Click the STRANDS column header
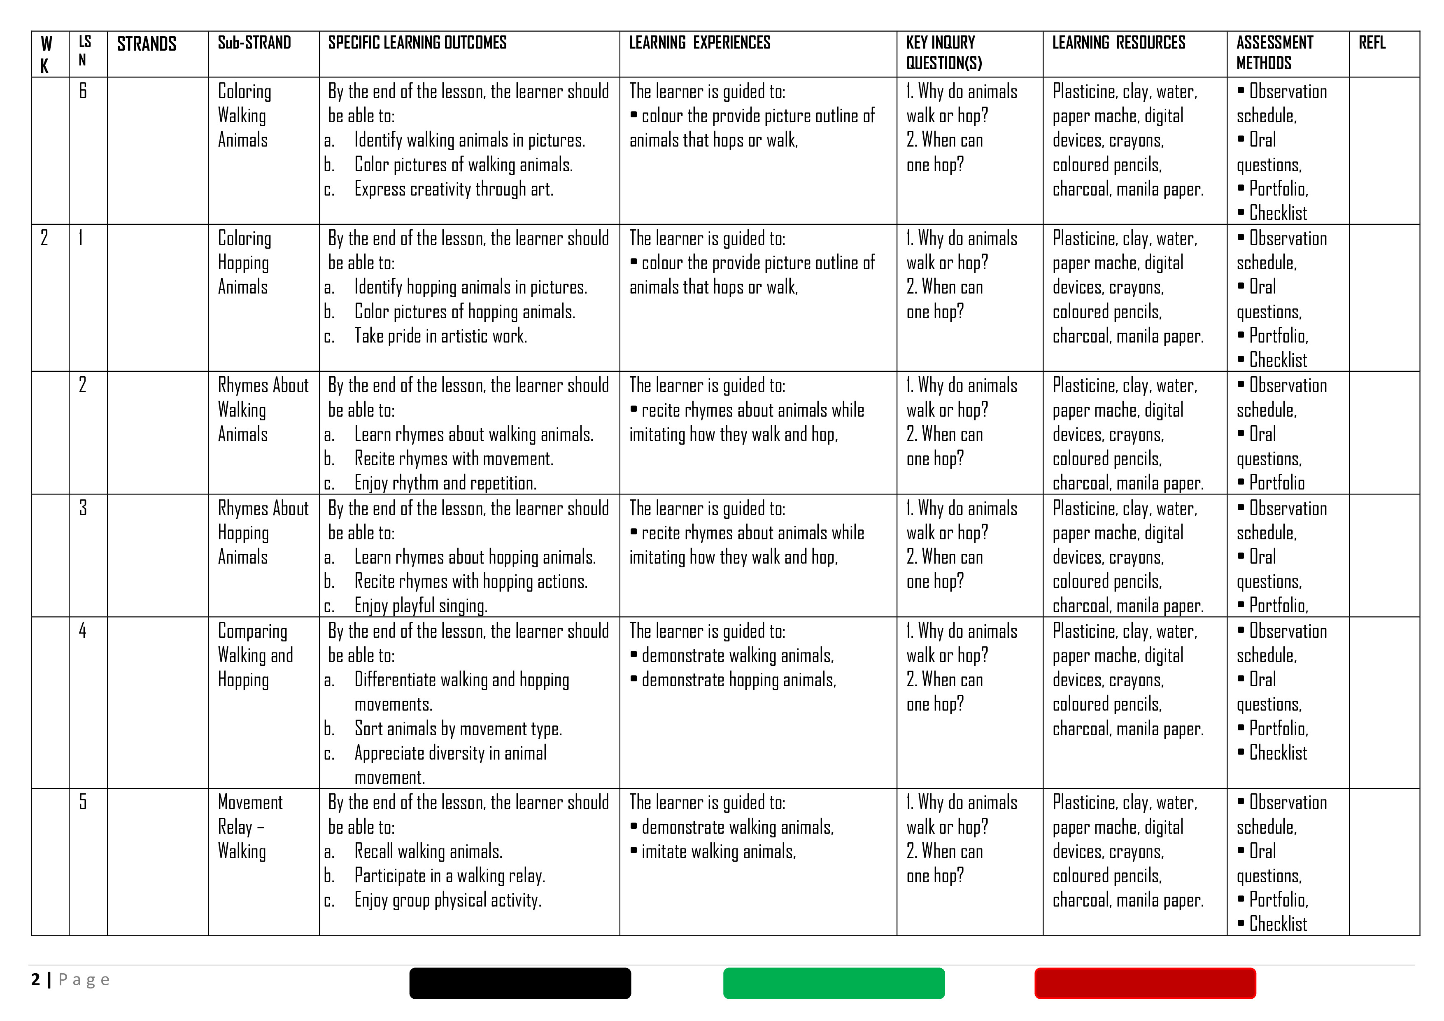(147, 44)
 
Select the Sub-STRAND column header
(254, 43)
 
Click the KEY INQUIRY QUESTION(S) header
(943, 53)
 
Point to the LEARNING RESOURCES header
(1118, 43)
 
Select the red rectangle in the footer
(1145, 983)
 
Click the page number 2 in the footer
(36, 979)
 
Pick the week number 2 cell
(44, 238)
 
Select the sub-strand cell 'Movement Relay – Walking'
(250, 827)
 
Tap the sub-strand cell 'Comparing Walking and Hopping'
(255, 655)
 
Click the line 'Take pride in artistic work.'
(440, 336)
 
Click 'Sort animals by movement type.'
(458, 728)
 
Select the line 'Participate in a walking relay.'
(450, 876)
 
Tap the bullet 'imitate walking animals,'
(718, 852)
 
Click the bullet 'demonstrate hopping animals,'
(738, 680)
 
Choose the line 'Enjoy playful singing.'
(421, 606)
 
